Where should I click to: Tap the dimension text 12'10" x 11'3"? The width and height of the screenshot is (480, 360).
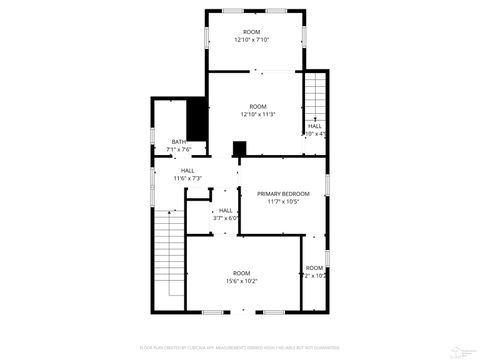point(257,114)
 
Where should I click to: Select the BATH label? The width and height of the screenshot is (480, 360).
point(178,142)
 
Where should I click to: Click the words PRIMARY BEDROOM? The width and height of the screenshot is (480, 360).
point(283,193)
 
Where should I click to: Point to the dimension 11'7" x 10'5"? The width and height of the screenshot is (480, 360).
point(283,201)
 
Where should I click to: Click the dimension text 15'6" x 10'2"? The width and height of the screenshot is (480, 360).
point(242,281)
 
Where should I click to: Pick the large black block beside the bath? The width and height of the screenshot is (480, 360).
point(197,121)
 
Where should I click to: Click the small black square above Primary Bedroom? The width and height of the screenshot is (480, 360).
point(239,149)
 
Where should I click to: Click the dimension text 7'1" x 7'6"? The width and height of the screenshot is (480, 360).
point(178,150)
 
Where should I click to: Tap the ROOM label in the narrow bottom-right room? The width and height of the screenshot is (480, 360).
point(314,268)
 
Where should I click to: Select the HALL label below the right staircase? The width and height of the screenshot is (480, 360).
point(314,126)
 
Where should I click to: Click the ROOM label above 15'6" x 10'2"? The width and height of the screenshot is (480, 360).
point(242,273)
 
